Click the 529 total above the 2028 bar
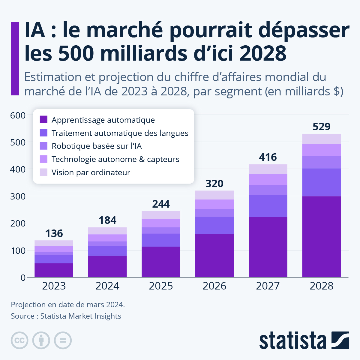click(321, 127)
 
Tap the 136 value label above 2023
click(54, 233)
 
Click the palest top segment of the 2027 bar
click(268, 169)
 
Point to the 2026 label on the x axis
click(214, 286)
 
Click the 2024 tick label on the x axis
click(107, 286)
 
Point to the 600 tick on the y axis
click(18, 115)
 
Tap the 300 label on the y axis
click(18, 196)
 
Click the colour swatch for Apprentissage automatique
click(43, 120)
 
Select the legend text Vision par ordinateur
click(91, 172)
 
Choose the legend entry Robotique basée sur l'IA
click(97, 146)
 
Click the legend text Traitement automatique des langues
click(120, 133)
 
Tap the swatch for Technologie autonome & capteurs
click(43, 159)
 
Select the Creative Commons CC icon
click(19, 340)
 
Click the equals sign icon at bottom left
click(63, 340)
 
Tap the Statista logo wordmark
click(292, 340)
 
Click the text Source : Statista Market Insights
click(66, 316)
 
